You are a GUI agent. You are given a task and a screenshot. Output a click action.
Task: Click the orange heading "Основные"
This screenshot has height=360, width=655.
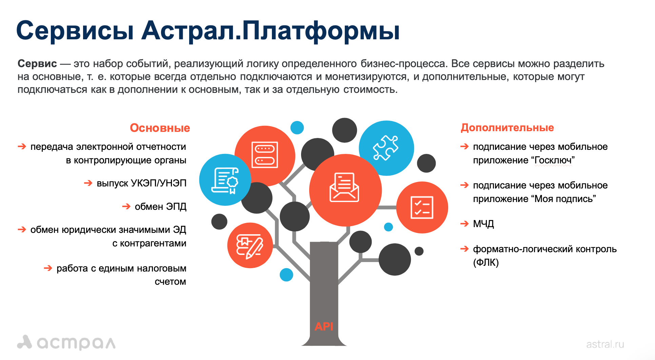tap(160, 128)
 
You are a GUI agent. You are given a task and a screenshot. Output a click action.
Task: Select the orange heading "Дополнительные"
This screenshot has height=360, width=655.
tap(507, 127)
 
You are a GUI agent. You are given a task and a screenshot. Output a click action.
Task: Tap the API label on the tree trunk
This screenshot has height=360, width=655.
tap(324, 326)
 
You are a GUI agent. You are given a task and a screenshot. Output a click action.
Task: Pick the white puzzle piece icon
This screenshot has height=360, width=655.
tap(386, 148)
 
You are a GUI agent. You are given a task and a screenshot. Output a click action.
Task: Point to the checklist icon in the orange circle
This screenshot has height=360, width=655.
tap(422, 207)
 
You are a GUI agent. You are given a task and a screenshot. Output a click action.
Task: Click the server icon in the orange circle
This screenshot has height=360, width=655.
tap(264, 155)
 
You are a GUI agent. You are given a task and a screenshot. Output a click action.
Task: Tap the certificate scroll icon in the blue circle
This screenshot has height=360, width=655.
tap(225, 180)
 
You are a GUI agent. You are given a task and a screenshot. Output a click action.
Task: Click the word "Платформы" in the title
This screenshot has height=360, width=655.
tap(321, 31)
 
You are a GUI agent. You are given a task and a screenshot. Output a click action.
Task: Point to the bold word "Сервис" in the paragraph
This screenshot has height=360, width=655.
tap(37, 63)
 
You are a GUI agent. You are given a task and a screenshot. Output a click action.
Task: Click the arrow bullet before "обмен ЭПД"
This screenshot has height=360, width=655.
tap(126, 206)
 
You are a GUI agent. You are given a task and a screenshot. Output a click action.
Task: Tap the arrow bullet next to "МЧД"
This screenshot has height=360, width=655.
tap(464, 223)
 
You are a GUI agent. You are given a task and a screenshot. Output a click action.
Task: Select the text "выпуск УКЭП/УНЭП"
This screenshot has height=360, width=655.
tap(142, 183)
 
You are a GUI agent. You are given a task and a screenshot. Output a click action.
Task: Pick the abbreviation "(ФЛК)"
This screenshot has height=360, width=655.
tap(486, 262)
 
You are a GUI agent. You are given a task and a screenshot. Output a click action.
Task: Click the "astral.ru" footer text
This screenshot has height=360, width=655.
tap(605, 344)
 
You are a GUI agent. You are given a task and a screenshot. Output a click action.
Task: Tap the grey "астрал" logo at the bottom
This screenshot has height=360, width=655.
tap(66, 342)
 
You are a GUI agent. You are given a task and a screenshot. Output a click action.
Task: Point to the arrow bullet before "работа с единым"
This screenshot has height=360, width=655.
tap(48, 268)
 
